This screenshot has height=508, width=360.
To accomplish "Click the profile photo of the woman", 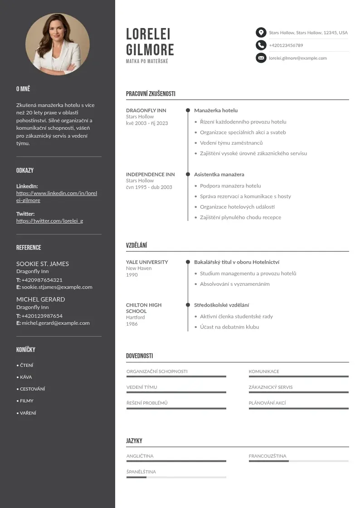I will pyautogui.click(x=58, y=44).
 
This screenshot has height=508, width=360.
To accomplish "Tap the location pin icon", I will pyautogui.click(x=261, y=33).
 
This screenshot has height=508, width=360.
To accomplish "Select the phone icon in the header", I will pyautogui.click(x=261, y=45).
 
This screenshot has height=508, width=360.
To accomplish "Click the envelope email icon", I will pyautogui.click(x=261, y=58).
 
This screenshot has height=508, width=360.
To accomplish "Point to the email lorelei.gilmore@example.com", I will pyautogui.click(x=297, y=58).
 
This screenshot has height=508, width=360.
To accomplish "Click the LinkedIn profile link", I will pyautogui.click(x=57, y=197).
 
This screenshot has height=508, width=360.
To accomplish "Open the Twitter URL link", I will pyautogui.click(x=49, y=221).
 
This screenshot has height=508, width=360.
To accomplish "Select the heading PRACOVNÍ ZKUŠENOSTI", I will pyautogui.click(x=151, y=94).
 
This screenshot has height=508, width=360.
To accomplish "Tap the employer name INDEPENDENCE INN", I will pyautogui.click(x=150, y=174).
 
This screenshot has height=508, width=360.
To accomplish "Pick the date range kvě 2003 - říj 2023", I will pyautogui.click(x=147, y=123).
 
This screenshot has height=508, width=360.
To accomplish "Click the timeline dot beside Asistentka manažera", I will pyautogui.click(x=188, y=174).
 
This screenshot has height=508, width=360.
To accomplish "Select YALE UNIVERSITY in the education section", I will pyautogui.click(x=147, y=262).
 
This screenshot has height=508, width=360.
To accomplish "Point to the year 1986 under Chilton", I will pyautogui.click(x=132, y=324).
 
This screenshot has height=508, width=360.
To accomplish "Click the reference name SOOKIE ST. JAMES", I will pyautogui.click(x=43, y=264).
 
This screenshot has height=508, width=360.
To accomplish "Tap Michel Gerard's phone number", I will pyautogui.click(x=42, y=316).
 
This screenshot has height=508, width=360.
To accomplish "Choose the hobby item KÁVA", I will pyautogui.click(x=26, y=377).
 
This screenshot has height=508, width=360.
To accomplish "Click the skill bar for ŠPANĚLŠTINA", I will pyautogui.click(x=176, y=477).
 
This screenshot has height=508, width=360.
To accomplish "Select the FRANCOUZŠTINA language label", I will pyautogui.click(x=268, y=456).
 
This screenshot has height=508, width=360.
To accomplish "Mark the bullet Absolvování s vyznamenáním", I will pyautogui.click(x=235, y=284).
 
